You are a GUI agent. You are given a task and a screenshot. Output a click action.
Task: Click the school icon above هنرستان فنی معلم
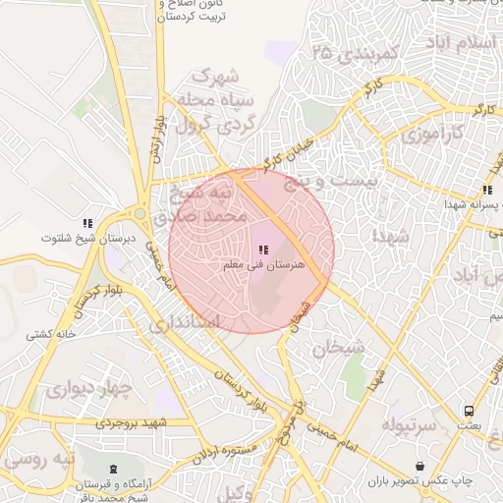[263, 250]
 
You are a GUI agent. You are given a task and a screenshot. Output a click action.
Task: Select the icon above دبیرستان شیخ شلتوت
[87, 223]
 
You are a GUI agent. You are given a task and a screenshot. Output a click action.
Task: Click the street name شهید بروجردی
[133, 422]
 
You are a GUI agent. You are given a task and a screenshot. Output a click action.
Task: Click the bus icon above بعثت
[470, 411]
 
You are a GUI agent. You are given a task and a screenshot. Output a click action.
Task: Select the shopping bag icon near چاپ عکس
[420, 465]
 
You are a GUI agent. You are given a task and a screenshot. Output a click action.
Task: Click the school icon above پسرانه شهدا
[486, 190]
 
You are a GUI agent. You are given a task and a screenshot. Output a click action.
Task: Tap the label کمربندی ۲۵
[355, 55]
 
